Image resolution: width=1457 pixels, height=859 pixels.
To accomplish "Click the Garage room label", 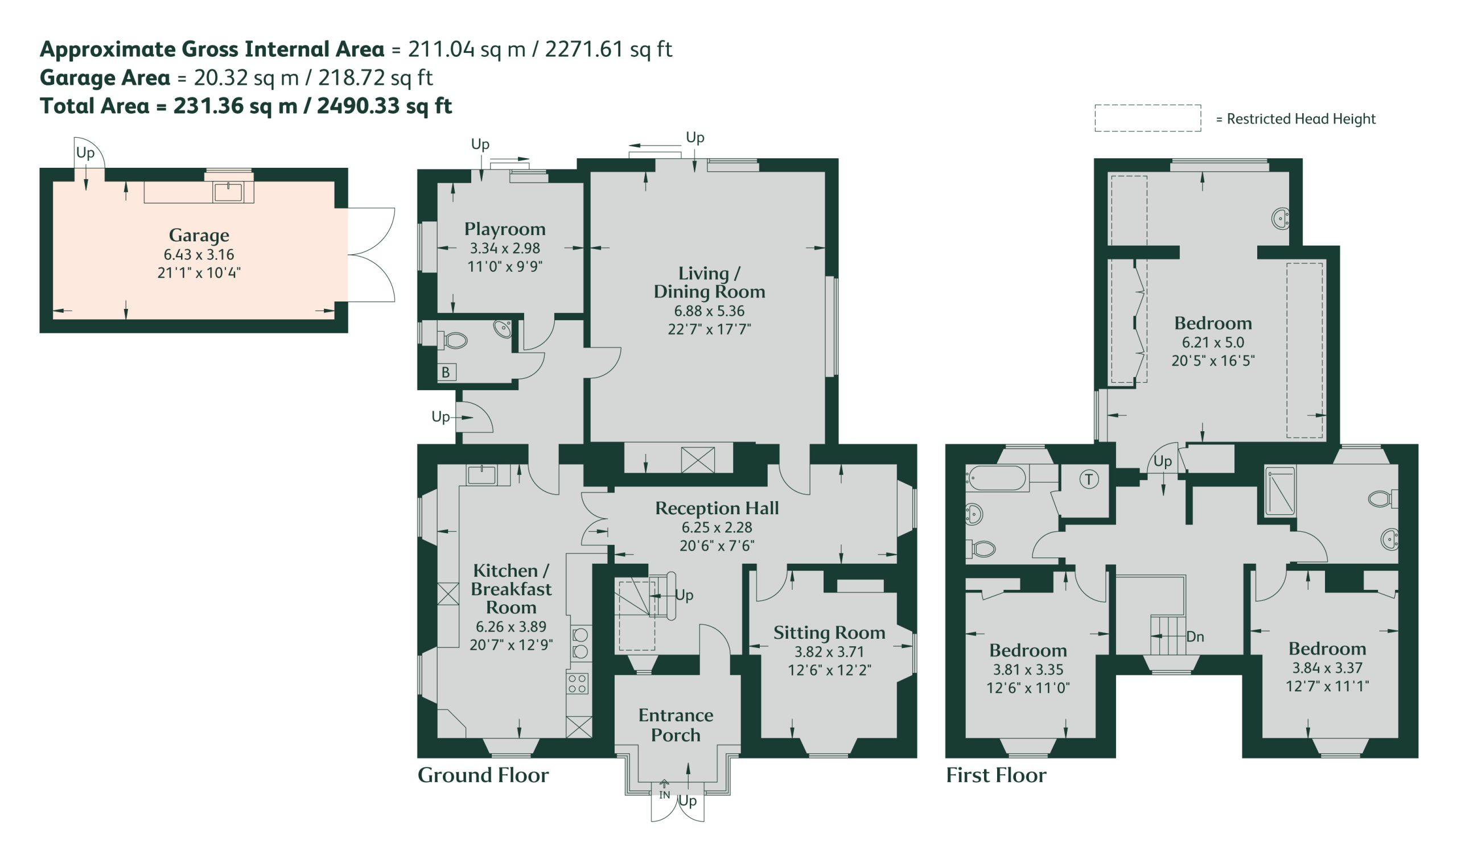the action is (x=199, y=235).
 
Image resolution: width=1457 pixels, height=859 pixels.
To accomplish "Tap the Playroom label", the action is (x=504, y=229).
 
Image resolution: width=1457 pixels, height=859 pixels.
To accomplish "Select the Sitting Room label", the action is (x=829, y=633).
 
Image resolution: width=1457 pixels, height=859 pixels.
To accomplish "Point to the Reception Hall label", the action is (x=717, y=508).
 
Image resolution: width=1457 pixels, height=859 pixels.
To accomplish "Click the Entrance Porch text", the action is (x=675, y=725).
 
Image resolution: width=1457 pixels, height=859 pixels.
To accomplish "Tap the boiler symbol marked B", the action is (x=446, y=372).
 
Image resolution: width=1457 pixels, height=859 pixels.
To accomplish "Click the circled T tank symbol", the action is (x=1089, y=480).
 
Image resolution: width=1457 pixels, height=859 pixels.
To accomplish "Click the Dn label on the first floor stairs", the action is (x=1195, y=637).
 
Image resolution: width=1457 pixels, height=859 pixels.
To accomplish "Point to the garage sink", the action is (x=228, y=192).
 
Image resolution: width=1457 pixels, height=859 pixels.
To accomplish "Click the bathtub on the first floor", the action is (x=997, y=478).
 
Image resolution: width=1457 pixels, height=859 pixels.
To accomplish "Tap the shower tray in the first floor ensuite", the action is (x=1280, y=492).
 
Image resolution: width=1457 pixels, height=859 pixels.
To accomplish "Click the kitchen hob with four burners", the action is (x=577, y=683).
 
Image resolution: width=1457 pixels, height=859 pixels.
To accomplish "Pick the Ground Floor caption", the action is (x=483, y=775).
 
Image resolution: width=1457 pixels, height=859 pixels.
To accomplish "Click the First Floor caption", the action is (x=996, y=775).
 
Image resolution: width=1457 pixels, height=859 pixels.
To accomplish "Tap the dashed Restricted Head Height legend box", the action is (x=1147, y=118).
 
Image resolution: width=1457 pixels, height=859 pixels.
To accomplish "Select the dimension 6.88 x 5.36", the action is (x=709, y=311).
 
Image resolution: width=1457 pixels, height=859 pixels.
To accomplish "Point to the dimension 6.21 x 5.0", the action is (x=1213, y=342).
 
